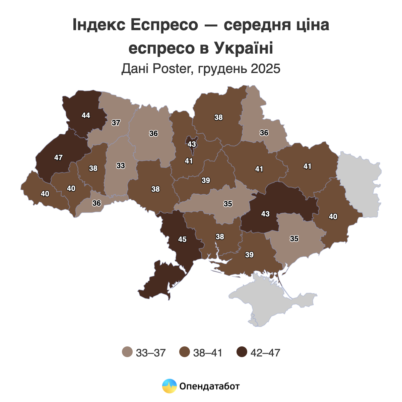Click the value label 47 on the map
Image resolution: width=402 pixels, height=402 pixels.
[x=58, y=157]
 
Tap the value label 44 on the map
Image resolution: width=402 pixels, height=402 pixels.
[x=86, y=115]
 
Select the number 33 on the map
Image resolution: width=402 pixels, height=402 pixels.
[x=121, y=165]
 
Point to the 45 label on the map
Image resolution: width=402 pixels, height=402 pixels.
[x=182, y=240]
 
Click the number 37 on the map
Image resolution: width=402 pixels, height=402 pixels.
[x=116, y=123]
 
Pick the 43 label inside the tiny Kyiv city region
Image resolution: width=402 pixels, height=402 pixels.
[x=192, y=144]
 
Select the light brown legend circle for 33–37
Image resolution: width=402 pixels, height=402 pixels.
[x=127, y=352]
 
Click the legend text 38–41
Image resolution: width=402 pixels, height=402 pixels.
[x=208, y=353]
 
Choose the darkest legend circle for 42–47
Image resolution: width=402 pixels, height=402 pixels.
[x=242, y=352]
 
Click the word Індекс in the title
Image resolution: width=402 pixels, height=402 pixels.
[x=96, y=26]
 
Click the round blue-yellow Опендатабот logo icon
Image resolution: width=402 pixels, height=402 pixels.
[x=169, y=386]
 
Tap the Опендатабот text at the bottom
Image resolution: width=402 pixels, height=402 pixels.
[x=210, y=386]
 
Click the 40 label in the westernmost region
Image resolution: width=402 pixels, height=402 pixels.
[x=45, y=194]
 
